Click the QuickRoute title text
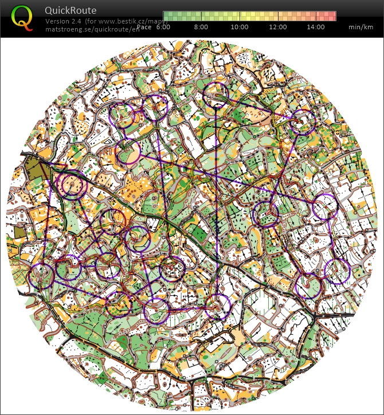[70, 10]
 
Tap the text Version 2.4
[65, 21]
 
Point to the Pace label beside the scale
[144, 27]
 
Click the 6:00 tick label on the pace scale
[163, 27]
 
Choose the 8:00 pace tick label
[201, 27]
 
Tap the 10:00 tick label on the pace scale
[240, 27]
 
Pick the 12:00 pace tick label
[278, 27]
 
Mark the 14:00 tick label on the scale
[316, 27]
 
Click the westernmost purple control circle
[41, 276]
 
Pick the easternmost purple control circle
[337, 271]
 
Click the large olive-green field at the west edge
[34, 170]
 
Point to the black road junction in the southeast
[315, 315]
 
